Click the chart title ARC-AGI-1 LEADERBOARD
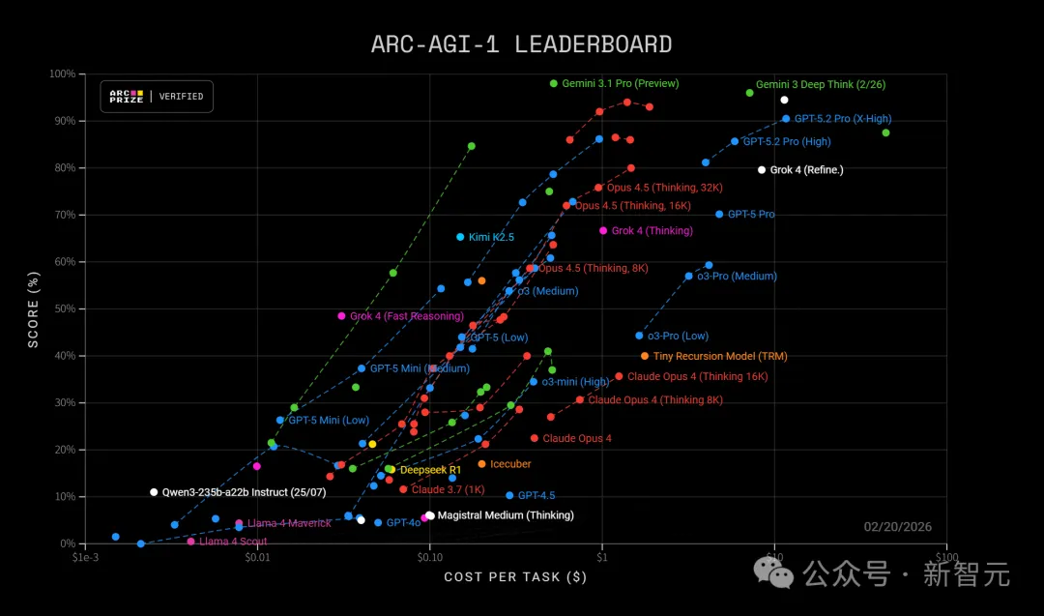521,44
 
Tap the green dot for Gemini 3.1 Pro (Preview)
554,83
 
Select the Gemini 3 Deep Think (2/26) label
821,85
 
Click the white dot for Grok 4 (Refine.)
762,170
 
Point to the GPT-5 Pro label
751,215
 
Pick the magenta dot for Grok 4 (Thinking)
603,231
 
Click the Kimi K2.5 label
491,237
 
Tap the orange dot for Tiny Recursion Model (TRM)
645,356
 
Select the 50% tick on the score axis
64,309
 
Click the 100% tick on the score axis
62,74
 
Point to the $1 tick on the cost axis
601,556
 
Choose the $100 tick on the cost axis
945,556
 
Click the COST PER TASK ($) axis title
515,577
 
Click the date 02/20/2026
897,527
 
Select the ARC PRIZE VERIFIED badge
157,97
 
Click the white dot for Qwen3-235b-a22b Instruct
154,492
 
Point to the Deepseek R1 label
430,470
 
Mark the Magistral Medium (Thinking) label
506,515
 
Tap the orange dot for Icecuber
481,464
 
